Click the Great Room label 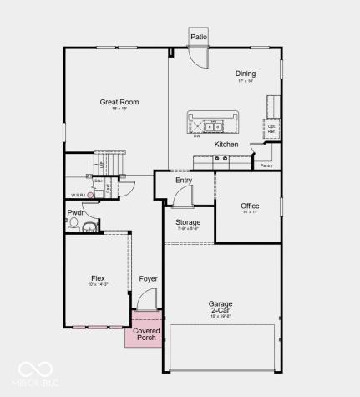119,102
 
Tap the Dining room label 246,74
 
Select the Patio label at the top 198,37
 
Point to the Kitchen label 226,145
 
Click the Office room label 250,206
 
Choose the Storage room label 187,222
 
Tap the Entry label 184,180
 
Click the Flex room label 98,278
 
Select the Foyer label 148,278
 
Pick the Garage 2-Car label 221,308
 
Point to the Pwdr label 75,213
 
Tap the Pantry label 266,165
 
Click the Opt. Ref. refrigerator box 271,129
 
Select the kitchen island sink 213,127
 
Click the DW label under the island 197,136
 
